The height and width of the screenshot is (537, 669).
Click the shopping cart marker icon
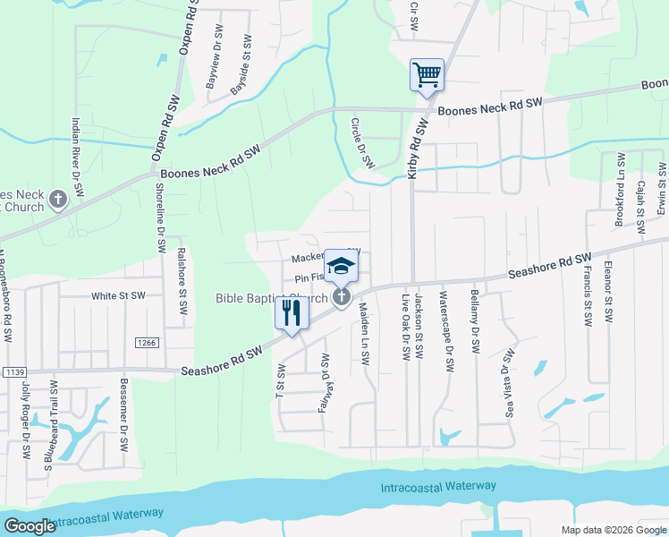pos(427,74)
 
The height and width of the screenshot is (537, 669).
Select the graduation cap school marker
pos(340,266)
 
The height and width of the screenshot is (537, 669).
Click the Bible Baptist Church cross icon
pos(341,297)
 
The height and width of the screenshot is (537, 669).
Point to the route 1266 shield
pos(148,343)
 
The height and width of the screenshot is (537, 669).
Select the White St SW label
pos(118,295)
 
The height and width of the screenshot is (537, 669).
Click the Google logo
pos(30,526)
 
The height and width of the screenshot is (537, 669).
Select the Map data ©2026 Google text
pos(612,529)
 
